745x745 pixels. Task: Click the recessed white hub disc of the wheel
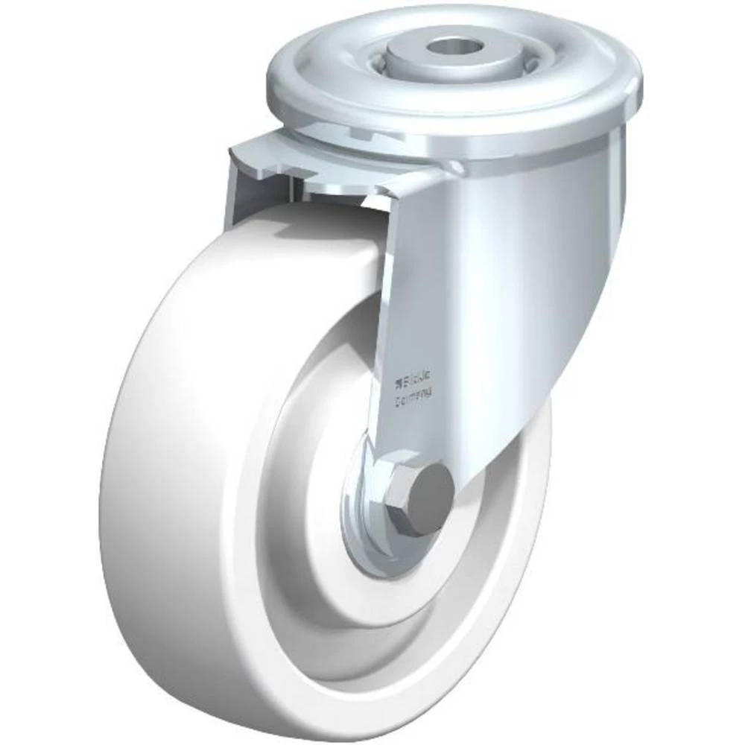pos(313,462)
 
